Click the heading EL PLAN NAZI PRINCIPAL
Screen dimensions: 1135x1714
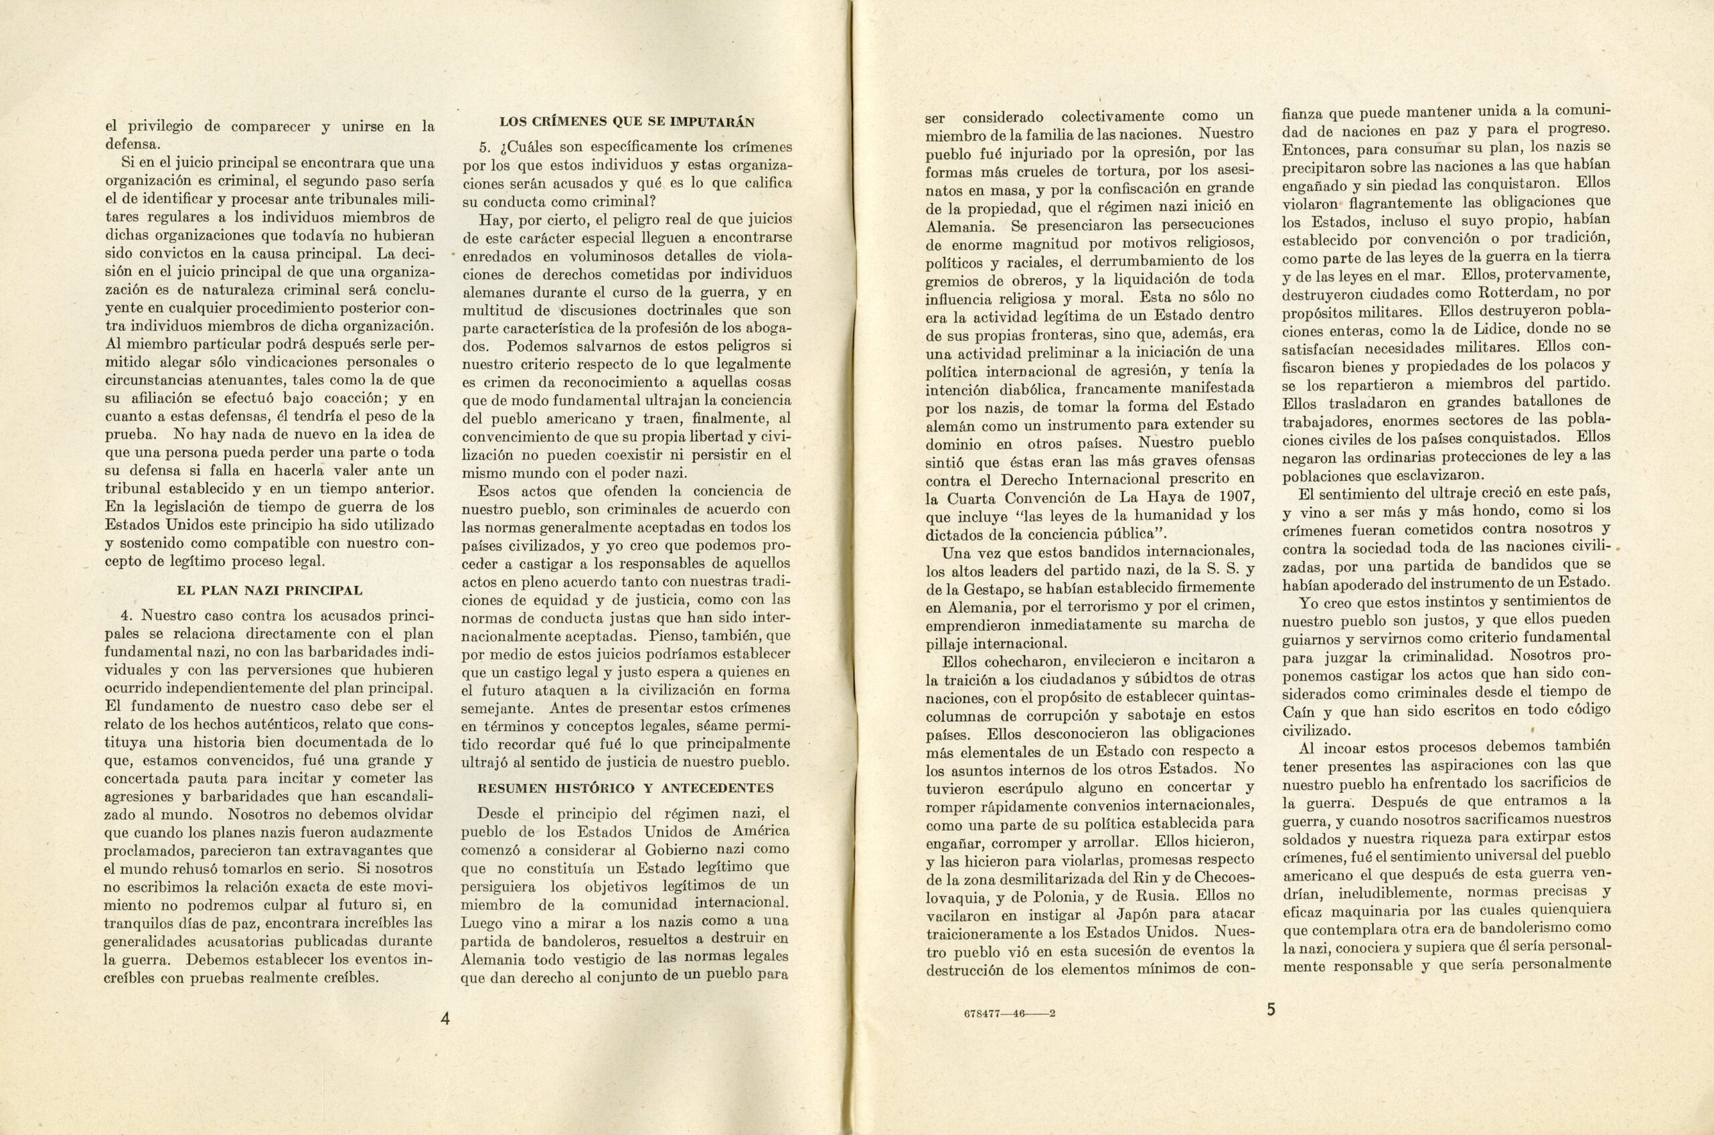click(269, 590)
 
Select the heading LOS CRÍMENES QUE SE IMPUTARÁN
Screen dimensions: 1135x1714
click(627, 121)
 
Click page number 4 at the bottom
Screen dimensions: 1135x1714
click(446, 1018)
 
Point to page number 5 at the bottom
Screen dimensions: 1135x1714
click(1271, 1010)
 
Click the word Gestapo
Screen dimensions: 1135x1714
click(998, 587)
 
